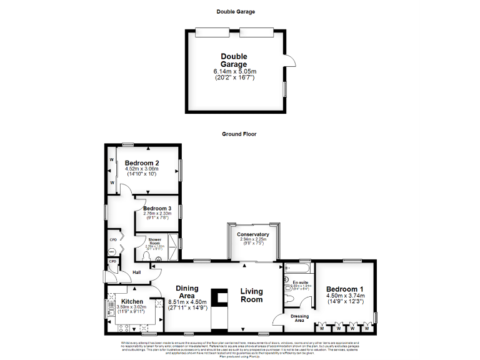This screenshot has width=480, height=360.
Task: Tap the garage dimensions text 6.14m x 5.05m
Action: click(234, 72)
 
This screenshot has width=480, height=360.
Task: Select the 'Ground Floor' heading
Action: click(239, 134)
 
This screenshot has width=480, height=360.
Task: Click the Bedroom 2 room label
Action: click(142, 162)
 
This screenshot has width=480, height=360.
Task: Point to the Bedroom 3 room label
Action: click(157, 208)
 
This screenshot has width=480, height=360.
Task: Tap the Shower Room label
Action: click(154, 242)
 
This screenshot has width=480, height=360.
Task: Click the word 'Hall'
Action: click(137, 272)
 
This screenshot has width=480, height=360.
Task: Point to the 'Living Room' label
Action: click(252, 295)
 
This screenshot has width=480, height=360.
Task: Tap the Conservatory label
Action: click(253, 234)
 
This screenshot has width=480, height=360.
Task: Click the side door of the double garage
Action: click(289, 61)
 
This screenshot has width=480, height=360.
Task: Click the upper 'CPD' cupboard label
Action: click(113, 239)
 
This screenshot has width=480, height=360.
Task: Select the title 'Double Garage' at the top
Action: click(236, 11)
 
